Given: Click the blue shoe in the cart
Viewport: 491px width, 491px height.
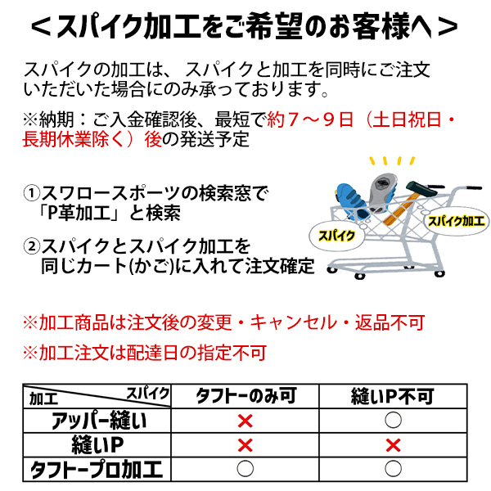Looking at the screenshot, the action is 352,200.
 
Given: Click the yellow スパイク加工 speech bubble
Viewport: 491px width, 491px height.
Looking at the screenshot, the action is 456,222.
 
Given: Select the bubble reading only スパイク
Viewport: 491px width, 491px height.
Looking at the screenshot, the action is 336,236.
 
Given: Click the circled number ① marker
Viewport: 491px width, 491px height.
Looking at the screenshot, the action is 31,193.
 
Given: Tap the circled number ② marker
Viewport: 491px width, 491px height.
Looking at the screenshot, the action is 31,246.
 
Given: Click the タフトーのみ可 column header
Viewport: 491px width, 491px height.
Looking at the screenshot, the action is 245,396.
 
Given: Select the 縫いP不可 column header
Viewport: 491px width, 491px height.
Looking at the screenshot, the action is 393,396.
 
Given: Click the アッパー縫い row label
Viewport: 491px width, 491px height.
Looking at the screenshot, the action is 99,421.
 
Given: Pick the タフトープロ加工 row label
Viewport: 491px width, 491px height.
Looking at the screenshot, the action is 97,470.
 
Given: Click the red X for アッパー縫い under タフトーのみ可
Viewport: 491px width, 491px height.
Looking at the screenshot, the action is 245,421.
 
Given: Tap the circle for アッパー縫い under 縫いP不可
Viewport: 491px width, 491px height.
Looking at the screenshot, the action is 393,420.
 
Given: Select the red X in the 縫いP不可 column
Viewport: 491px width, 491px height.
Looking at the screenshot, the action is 393,445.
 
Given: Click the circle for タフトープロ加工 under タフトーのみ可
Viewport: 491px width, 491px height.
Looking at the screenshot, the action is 245,469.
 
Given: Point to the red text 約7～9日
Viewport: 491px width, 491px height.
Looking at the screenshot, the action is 310,119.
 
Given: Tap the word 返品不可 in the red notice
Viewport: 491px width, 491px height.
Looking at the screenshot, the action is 390,322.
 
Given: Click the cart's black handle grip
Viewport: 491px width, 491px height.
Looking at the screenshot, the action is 474,188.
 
